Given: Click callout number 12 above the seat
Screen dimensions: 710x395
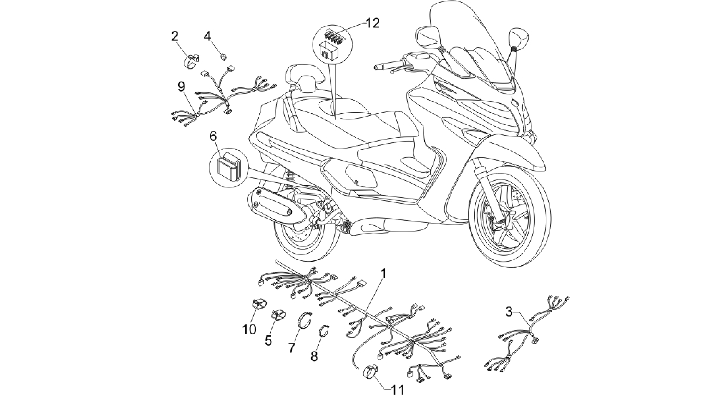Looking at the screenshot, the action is (372, 23).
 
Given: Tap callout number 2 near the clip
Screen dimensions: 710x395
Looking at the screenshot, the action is (174, 36).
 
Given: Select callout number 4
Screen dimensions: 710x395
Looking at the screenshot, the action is (207, 36).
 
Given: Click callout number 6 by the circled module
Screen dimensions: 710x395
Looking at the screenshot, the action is (213, 136).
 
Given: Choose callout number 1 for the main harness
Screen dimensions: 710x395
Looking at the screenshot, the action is (383, 274).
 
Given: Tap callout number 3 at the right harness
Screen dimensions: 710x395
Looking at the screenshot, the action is (509, 312).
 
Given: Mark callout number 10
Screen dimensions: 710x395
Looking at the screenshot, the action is (249, 329).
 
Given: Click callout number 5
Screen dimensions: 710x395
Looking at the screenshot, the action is (268, 341).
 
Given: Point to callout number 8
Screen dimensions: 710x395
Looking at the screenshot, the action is (314, 356).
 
